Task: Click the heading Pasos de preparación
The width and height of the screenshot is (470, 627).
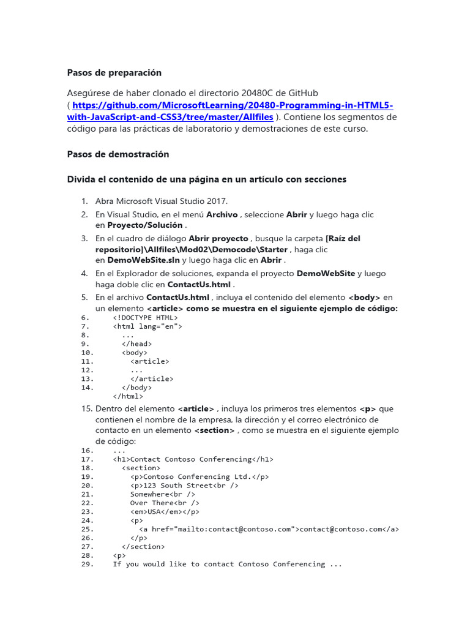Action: (x=114, y=73)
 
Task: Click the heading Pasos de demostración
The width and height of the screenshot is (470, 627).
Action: (x=117, y=154)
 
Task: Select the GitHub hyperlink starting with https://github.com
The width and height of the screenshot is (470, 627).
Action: (x=233, y=111)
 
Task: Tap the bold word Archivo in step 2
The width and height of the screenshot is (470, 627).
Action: (x=222, y=215)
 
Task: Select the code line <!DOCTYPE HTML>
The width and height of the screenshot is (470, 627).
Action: (x=145, y=318)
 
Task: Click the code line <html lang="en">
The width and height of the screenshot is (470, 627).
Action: (x=147, y=326)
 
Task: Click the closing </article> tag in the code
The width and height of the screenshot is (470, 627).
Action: (x=152, y=379)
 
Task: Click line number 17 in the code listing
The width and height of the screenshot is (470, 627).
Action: (x=86, y=459)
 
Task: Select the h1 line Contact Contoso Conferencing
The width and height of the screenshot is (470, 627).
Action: (x=193, y=459)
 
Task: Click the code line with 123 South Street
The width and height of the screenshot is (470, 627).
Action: (x=184, y=486)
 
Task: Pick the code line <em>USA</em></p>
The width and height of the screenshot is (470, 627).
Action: (x=165, y=512)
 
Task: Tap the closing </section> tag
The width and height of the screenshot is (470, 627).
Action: (x=143, y=546)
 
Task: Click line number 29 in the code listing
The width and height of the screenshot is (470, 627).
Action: (x=86, y=564)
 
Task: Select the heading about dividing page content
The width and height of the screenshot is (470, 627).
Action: (x=206, y=179)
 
